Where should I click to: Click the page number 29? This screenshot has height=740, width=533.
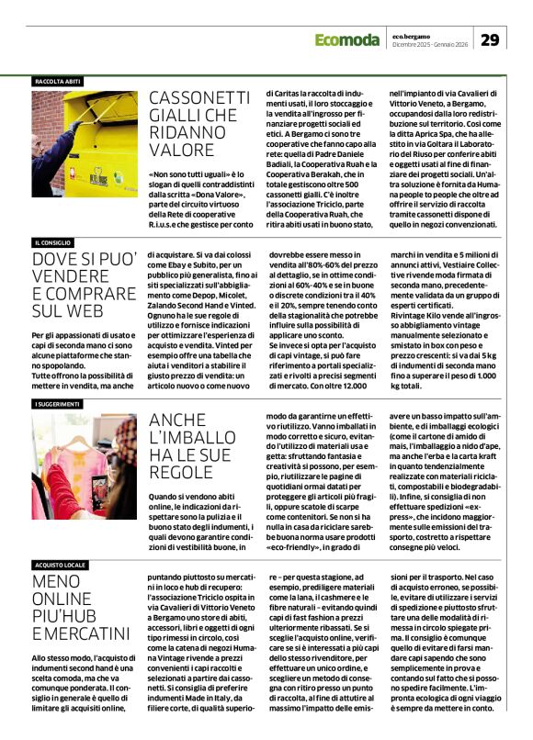coord(491,39)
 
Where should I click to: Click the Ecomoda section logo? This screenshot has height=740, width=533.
coord(346,39)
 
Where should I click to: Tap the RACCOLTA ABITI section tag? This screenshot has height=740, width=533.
coord(57,82)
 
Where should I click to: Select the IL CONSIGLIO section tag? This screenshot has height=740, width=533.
coord(53,242)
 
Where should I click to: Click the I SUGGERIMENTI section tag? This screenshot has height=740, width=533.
coord(59,404)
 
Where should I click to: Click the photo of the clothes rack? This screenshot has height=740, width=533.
coord(83,466)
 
